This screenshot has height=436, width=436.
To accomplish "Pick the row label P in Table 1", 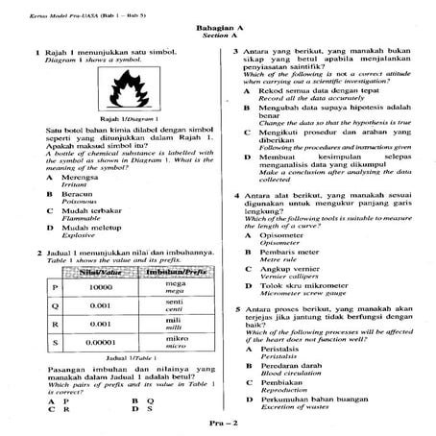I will [x=56, y=287].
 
